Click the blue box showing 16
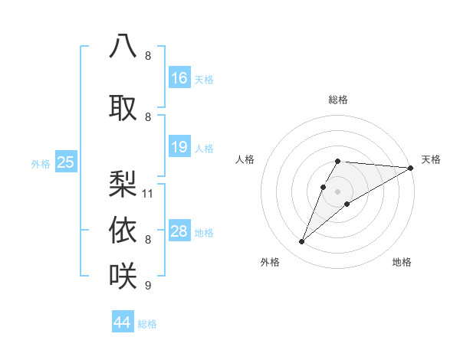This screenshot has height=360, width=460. (x=179, y=78)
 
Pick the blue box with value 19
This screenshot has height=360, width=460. (x=179, y=147)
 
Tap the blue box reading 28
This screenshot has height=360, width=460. (x=179, y=232)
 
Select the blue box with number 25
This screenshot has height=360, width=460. (x=66, y=162)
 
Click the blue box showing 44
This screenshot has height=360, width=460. (x=122, y=322)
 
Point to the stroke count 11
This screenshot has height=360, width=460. (x=148, y=194)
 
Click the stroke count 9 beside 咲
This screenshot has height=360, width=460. (x=148, y=286)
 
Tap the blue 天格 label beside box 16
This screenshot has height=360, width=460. (x=204, y=80)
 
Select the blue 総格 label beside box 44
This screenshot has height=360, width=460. (x=147, y=324)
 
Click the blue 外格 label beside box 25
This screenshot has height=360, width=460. (x=41, y=163)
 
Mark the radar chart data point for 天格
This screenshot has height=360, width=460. (x=410, y=168)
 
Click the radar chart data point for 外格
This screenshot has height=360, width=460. (x=301, y=242)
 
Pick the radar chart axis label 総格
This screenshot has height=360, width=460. (x=337, y=100)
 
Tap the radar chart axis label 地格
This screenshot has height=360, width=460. (x=402, y=263)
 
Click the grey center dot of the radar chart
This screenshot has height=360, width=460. (x=337, y=191)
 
